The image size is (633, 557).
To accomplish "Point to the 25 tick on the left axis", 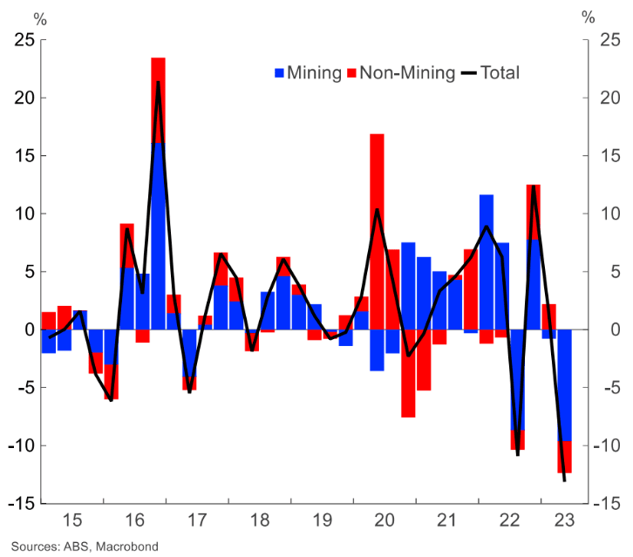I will (24, 40).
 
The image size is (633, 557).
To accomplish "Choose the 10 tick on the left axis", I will (24, 214).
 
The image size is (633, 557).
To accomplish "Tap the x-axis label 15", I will (72, 521).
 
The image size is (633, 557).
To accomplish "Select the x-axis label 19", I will (322, 521).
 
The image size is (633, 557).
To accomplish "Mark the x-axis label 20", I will (385, 521).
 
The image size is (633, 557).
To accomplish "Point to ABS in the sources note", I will (76, 547).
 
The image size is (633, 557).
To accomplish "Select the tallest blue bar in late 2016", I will (159, 235).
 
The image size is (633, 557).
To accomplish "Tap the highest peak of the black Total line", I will (159, 82).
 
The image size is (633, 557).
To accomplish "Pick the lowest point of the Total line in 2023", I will (564, 480).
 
